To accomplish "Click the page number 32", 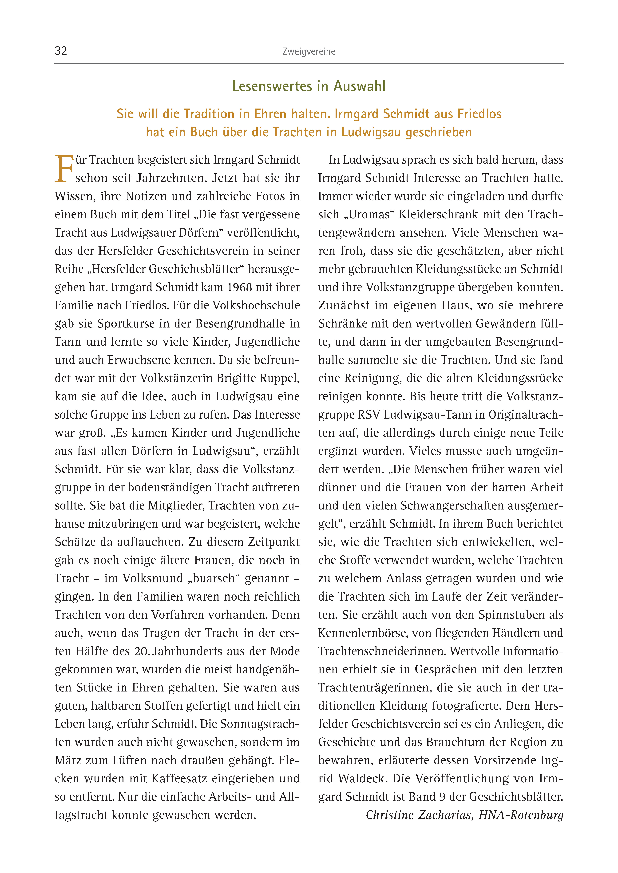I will (61, 51).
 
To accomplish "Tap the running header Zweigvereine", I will (309, 51).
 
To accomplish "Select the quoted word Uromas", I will (369, 214).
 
